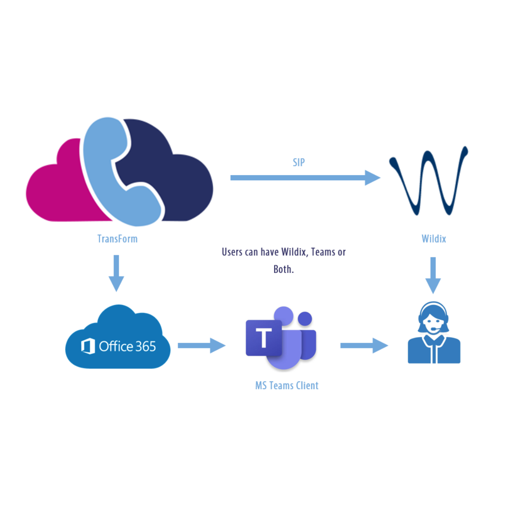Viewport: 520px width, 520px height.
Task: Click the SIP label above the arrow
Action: pos(299,162)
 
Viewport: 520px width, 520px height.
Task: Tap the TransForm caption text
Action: pos(117,239)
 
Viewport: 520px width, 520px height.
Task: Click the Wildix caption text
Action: pos(434,239)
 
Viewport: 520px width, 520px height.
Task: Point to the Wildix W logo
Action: pos(429,182)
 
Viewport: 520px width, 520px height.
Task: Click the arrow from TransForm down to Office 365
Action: pos(116,273)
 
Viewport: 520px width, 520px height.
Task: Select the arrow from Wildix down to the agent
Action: pos(433,275)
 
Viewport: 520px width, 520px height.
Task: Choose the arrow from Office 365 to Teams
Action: pos(201,345)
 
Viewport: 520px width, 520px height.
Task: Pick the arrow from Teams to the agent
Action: pos(364,345)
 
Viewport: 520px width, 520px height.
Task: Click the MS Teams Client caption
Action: pos(287,385)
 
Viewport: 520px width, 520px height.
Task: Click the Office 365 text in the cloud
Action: pos(127,346)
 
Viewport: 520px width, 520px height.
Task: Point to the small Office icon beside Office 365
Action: pos(88,347)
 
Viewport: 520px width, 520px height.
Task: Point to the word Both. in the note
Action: pos(284,269)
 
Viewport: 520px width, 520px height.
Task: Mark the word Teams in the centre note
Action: pos(323,252)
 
